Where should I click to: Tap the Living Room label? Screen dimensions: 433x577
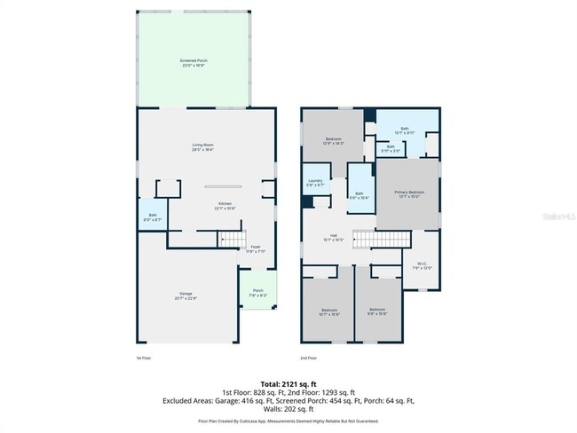[203, 146]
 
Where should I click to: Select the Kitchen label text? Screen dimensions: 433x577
[226, 206]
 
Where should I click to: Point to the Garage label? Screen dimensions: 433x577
[188, 295]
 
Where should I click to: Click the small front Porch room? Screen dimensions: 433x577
[258, 293]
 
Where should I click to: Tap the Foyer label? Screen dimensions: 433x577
[255, 248]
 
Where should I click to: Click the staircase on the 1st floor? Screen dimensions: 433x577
[231, 239]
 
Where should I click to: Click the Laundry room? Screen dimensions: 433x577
[315, 183]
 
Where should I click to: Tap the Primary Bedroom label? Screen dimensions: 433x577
[409, 194]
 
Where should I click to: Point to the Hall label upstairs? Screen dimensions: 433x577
[333, 237]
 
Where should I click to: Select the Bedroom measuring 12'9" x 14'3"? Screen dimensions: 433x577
[333, 140]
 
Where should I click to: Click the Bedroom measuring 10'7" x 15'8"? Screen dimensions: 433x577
[328, 312]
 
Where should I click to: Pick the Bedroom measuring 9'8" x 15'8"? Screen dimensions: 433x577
[377, 312]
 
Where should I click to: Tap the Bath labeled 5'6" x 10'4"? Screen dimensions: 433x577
[360, 195]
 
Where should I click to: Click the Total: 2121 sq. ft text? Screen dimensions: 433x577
[288, 383]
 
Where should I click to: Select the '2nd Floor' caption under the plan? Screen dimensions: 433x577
[309, 358]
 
